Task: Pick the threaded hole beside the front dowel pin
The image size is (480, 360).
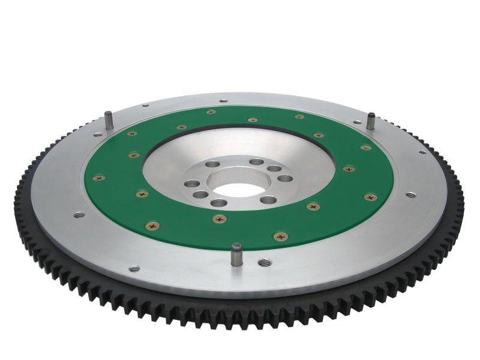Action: click(264, 262)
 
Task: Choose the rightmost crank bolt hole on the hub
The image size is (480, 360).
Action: click(286, 178)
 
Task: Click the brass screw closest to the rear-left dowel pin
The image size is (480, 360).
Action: click(133, 133)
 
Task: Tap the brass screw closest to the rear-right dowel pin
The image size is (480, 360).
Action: click(365, 147)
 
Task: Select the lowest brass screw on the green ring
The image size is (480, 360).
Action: click(280, 236)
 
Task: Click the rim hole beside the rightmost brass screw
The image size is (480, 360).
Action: click(410, 195)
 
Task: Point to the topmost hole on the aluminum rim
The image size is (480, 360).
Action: click(223, 101)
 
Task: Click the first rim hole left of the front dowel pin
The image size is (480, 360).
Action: click(134, 269)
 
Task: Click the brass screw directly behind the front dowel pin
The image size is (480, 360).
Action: click(220, 219)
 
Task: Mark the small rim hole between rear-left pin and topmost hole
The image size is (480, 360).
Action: click(145, 106)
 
